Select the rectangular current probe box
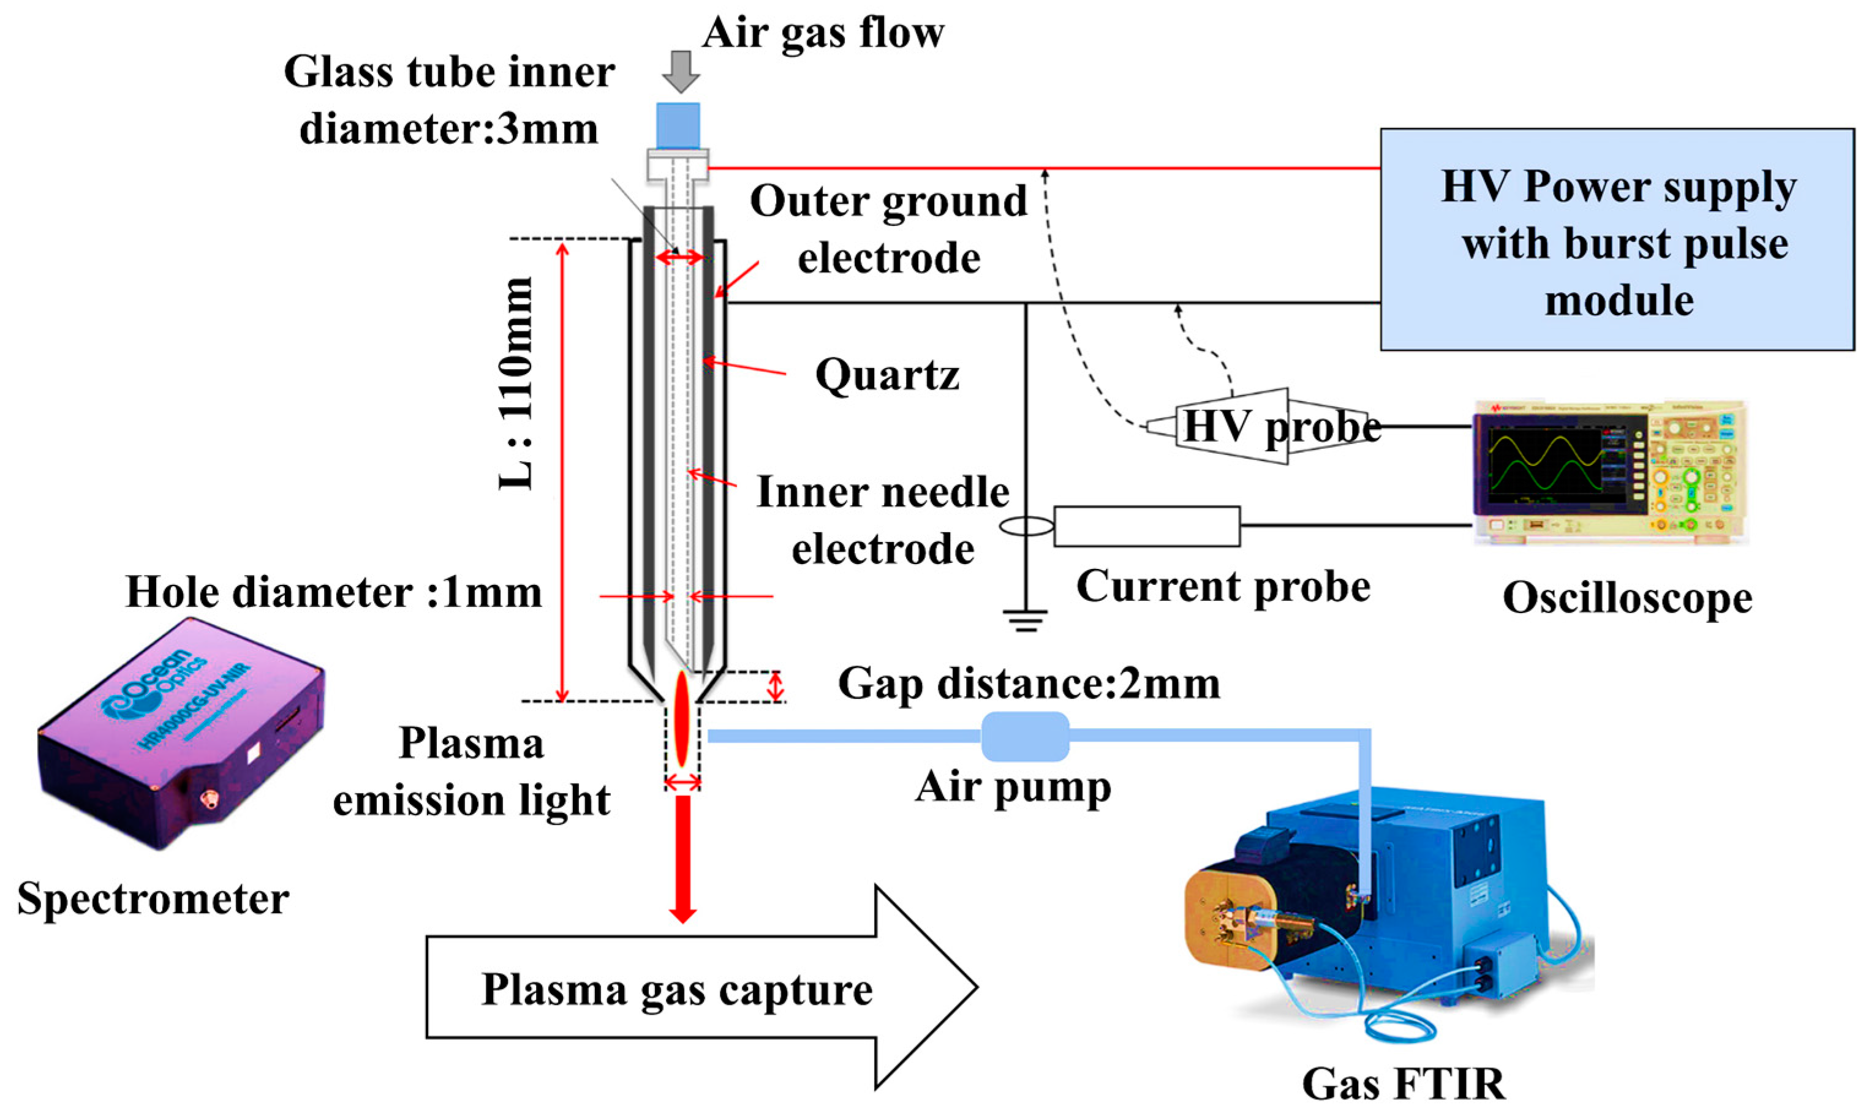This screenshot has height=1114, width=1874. pyautogui.click(x=1146, y=526)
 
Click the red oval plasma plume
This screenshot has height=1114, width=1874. pyautogui.click(x=682, y=718)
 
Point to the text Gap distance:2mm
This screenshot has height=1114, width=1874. pyautogui.click(x=1029, y=685)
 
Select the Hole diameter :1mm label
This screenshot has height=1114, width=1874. pyautogui.click(x=333, y=592)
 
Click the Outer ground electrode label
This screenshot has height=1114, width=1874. pyautogui.click(x=888, y=229)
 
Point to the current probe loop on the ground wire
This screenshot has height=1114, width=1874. pyautogui.click(x=1026, y=526)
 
